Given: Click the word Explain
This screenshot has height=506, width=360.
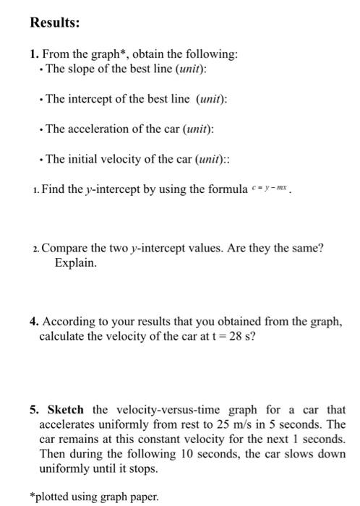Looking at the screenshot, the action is (x=75, y=263).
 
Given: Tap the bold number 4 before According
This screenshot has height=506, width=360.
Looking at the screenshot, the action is (x=33, y=323).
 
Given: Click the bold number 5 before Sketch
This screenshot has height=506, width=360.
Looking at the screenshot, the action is (x=33, y=409).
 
